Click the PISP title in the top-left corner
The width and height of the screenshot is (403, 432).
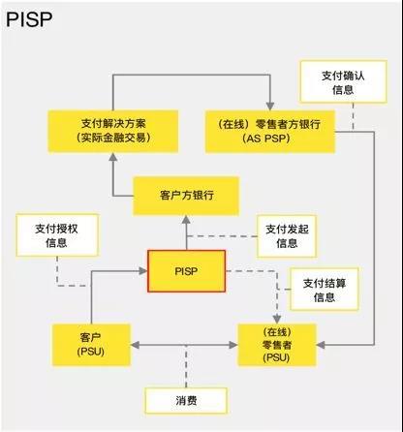point(29,19)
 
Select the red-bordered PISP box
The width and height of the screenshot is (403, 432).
point(186,271)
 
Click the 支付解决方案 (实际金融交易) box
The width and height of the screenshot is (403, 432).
point(113,131)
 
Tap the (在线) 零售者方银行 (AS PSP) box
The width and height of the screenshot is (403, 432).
point(270,132)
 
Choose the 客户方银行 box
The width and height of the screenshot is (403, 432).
point(186,196)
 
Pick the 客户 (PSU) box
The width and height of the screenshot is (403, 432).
point(91,345)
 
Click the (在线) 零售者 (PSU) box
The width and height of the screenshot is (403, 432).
point(277,345)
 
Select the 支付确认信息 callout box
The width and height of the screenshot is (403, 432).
point(343,81)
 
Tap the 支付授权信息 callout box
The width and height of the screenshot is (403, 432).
point(57,235)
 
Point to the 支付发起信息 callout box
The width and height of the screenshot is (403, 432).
point(287,236)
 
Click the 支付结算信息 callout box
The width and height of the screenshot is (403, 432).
point(325,290)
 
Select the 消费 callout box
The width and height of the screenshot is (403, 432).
point(186,401)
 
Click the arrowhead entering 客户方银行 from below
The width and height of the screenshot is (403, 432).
point(186,220)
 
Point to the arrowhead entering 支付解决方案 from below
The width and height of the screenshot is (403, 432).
point(113,157)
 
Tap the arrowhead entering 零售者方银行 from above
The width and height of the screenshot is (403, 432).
point(270,107)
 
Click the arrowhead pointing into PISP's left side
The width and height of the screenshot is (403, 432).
point(142,271)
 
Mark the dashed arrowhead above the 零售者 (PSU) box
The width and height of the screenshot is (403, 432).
point(277,320)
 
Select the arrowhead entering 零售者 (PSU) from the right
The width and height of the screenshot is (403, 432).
point(321,345)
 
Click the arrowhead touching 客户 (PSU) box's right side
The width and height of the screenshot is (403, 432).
point(136,345)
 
